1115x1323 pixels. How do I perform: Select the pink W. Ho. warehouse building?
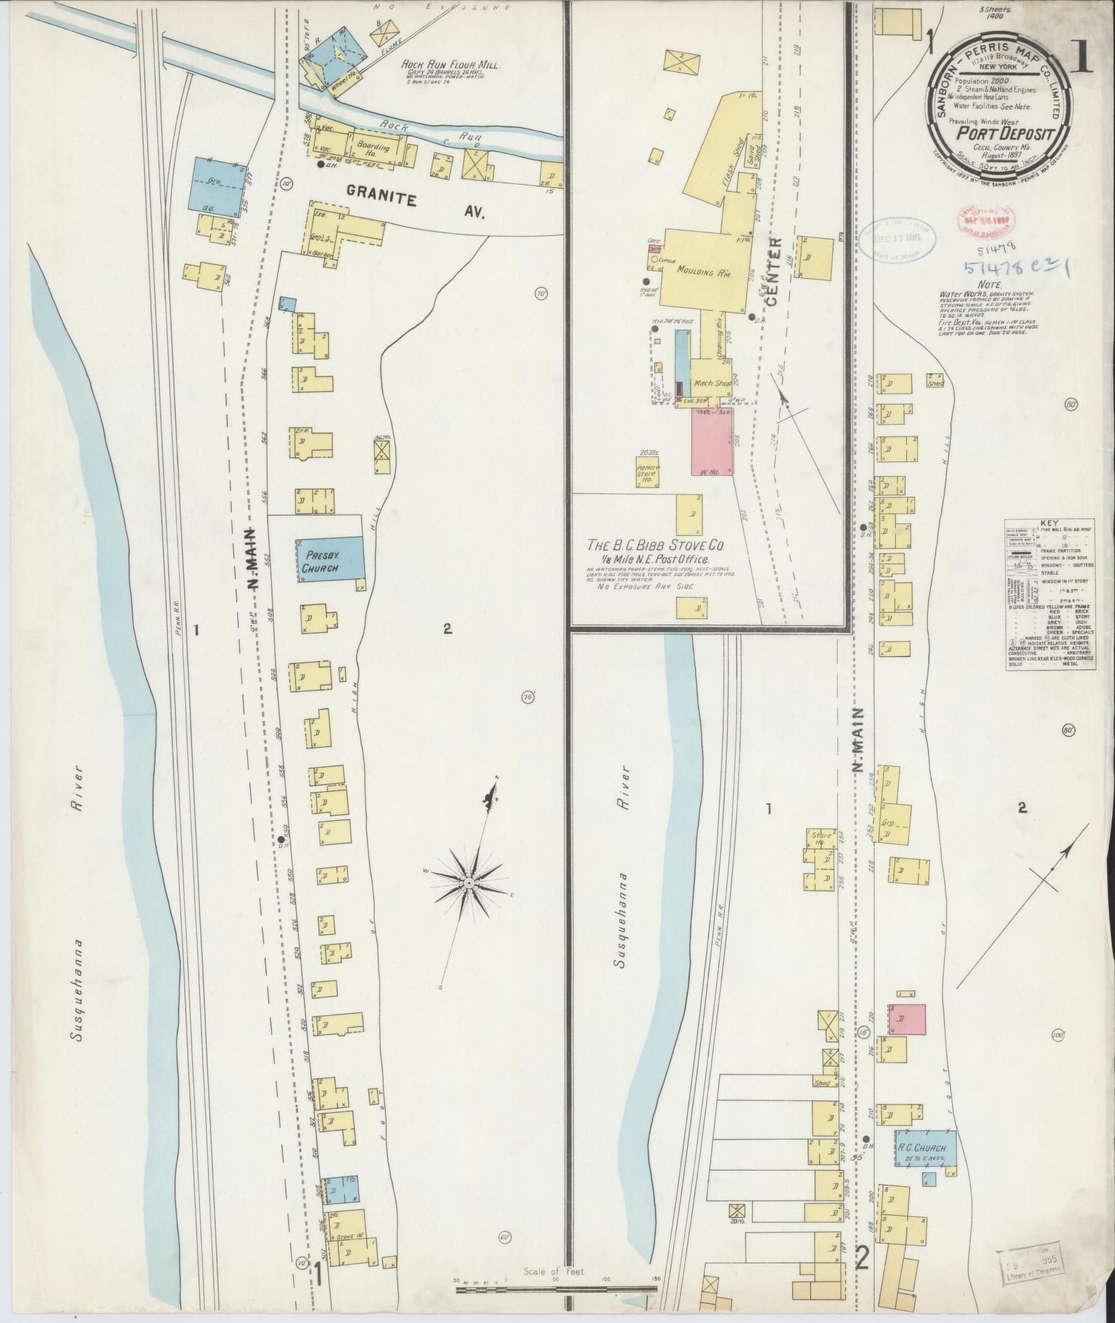tap(711, 441)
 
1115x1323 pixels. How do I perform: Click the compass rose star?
tap(470, 884)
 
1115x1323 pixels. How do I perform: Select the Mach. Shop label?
tap(709, 383)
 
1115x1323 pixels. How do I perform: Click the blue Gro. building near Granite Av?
tap(216, 184)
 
